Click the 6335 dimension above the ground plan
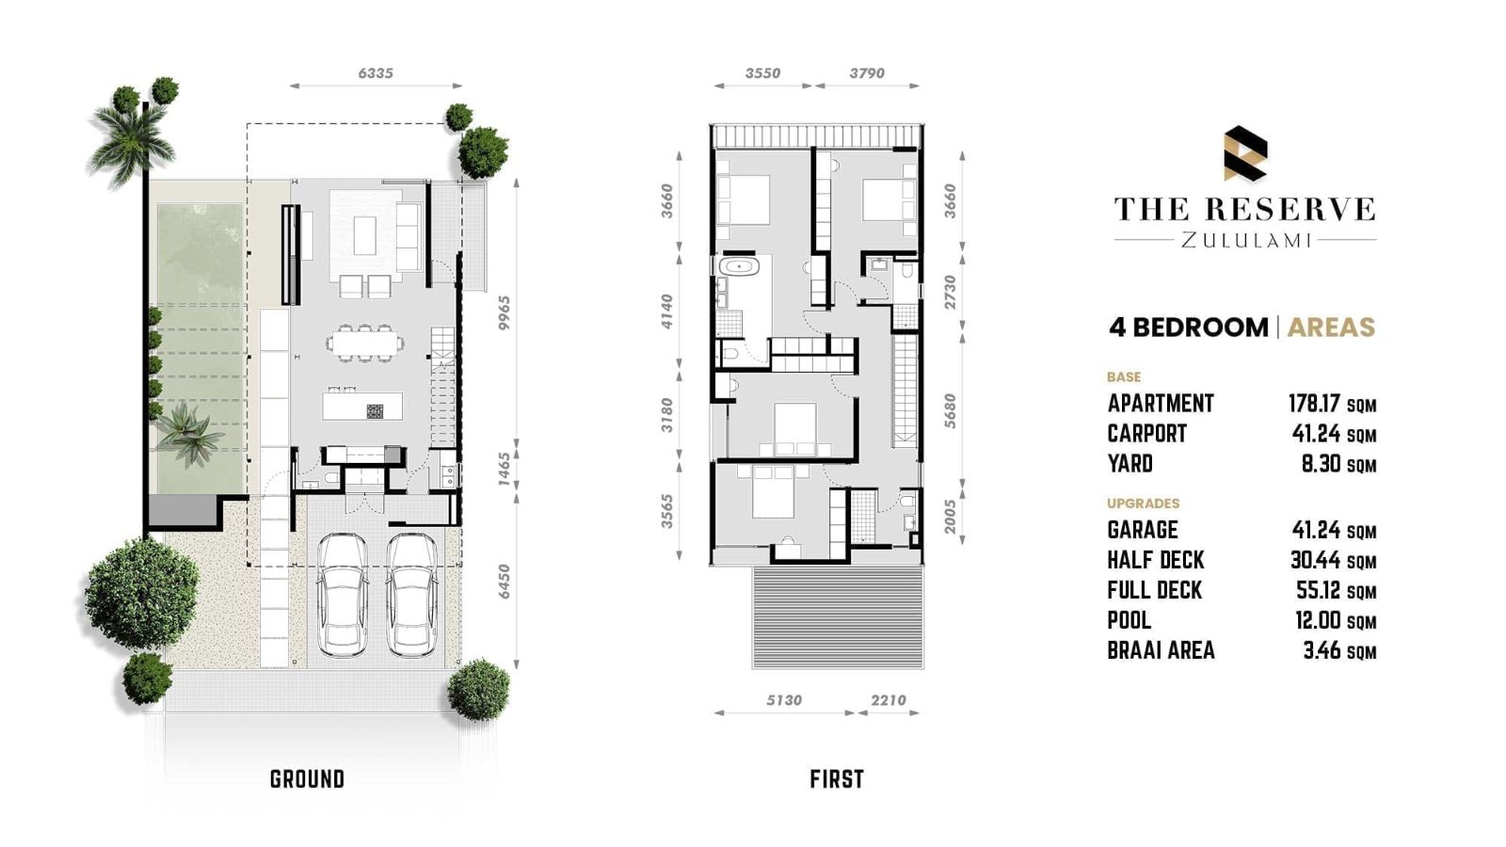pyautogui.click(x=376, y=73)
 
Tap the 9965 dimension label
pyautogui.click(x=505, y=313)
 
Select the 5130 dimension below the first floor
pyautogui.click(x=784, y=700)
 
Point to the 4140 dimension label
pyautogui.click(x=666, y=312)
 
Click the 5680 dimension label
pyautogui.click(x=950, y=411)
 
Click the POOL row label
pyautogui.click(x=1129, y=620)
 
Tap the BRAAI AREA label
pyautogui.click(x=1162, y=650)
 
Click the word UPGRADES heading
pyautogui.click(x=1143, y=503)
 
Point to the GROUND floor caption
pyautogui.click(x=307, y=779)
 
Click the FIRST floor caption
pyautogui.click(x=837, y=779)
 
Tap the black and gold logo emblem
pyautogui.click(x=1245, y=153)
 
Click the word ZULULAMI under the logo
pyautogui.click(x=1246, y=240)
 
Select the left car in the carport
pyautogui.click(x=343, y=596)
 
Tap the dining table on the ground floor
pyautogui.click(x=364, y=344)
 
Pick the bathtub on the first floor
pyautogui.click(x=739, y=266)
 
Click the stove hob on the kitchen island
pyautogui.click(x=376, y=410)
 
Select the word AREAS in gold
pyautogui.click(x=1331, y=328)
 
